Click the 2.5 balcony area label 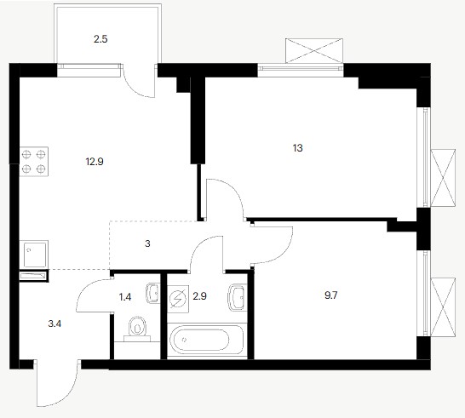100,39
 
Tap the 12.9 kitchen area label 95,162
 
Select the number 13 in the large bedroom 298,148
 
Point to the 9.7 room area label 331,295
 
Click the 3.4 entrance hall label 55,324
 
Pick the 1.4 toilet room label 125,297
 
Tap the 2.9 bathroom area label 199,296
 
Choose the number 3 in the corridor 147,244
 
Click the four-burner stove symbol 34,162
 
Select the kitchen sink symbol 34,255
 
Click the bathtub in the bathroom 207,340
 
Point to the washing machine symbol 178,299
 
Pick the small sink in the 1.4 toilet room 153,293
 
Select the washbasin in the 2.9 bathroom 238,297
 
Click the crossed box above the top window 314,51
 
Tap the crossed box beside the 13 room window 443,178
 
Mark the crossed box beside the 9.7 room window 443,307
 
